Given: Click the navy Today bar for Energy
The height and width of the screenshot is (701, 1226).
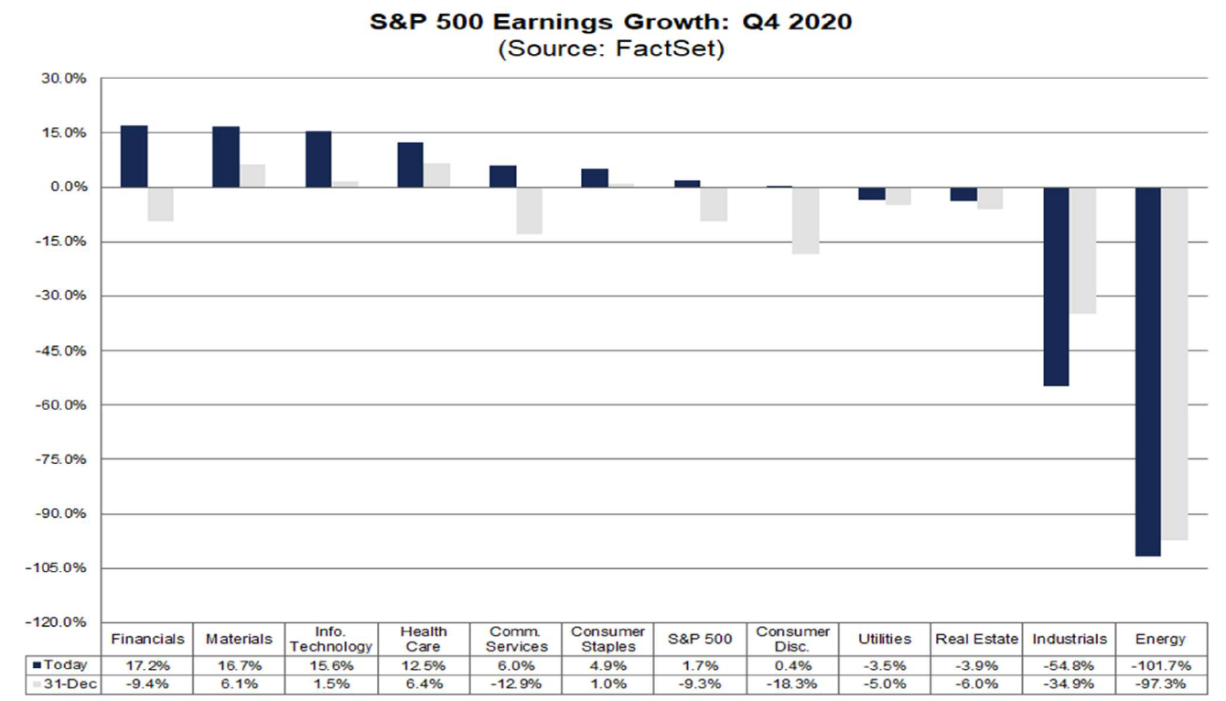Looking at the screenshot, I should click(1147, 371).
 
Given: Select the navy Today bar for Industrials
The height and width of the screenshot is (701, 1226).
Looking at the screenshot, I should click(1055, 286).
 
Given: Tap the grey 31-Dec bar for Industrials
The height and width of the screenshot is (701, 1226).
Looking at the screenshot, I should click(1082, 250).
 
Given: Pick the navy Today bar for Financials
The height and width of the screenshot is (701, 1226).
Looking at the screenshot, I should click(134, 156).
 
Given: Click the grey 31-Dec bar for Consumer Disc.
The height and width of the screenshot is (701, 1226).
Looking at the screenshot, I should click(805, 220).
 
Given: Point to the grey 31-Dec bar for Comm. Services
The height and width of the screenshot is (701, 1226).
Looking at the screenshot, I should click(529, 210).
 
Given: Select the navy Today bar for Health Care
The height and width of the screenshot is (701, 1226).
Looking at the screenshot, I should click(410, 165).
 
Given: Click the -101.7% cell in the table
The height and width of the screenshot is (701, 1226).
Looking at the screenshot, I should click(1159, 664).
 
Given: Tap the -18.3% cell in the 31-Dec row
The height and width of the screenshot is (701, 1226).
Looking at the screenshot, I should click(793, 685).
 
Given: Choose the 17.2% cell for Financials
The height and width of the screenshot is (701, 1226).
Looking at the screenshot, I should click(147, 664).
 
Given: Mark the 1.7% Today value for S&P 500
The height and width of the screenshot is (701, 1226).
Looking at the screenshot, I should click(700, 664).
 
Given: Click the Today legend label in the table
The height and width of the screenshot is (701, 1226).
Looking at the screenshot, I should click(65, 664).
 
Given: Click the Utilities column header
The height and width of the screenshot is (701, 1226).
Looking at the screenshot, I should click(885, 639).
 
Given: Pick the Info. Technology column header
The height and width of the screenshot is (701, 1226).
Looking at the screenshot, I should click(331, 639).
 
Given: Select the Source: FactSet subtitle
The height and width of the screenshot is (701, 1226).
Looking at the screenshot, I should click(611, 49).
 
